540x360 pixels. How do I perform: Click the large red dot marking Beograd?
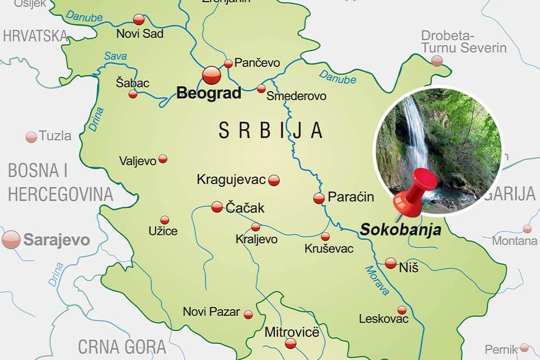coord(212,75)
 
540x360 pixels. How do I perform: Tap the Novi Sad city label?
coord(140,34)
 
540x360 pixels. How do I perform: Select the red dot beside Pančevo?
coord(228,63)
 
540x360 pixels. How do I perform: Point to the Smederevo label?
coord(297,96)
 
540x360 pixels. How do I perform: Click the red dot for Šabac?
coord(133,94)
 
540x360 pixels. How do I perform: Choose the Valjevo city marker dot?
coord(163,159)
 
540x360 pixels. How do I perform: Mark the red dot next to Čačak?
coord(217,206)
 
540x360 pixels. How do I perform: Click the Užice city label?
coord(163,232)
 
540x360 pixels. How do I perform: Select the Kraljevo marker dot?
coord(255,227)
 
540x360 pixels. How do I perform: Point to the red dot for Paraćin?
coord(319,198)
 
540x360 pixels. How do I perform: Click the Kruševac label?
coord(329,249)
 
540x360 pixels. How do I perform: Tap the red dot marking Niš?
coord(391,263)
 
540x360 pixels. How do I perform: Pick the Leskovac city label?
coord(383,319)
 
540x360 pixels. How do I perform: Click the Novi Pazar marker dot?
coord(248,314)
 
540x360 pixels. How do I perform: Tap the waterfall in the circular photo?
coord(416,135)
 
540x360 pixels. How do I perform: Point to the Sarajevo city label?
coord(56,240)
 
